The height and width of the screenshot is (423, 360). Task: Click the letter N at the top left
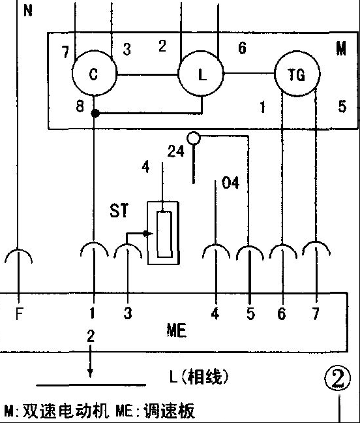(x=28, y=10)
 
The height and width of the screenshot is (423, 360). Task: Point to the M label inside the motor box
(x=341, y=49)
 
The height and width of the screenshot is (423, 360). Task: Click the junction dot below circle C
(x=95, y=114)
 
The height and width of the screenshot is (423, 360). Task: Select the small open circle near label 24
(x=194, y=138)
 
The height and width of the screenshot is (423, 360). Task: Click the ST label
(x=119, y=211)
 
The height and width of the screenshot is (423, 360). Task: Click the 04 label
(x=230, y=183)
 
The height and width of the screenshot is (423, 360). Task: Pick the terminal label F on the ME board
(x=19, y=313)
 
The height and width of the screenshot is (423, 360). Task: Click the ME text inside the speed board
(x=177, y=330)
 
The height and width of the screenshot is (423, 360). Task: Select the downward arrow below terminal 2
(x=90, y=361)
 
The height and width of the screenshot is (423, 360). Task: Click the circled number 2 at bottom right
(x=338, y=378)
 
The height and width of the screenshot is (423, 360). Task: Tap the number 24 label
(x=176, y=151)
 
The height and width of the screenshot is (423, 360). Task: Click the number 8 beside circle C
(x=80, y=106)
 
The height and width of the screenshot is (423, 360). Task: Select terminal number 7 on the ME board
(x=316, y=313)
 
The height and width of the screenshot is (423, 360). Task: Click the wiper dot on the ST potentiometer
(x=146, y=234)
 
